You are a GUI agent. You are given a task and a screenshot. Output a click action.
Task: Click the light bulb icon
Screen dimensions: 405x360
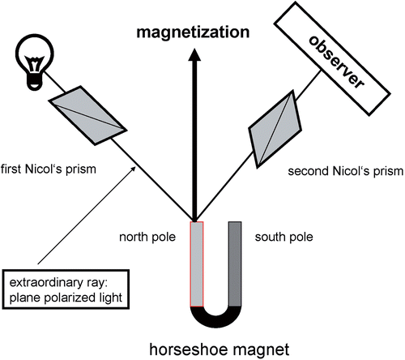point(35,62)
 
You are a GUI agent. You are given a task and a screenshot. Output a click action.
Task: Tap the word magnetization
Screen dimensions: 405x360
point(193,32)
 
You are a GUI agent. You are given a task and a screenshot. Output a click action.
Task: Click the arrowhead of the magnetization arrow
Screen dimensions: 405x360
point(194,54)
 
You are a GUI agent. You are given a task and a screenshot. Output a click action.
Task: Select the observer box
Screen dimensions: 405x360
point(332,58)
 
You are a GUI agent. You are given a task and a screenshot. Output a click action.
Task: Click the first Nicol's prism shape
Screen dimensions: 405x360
point(87,115)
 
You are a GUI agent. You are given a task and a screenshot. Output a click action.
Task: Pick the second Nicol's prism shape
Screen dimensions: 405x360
point(275,129)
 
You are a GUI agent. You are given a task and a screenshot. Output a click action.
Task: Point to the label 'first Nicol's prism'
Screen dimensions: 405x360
point(49,169)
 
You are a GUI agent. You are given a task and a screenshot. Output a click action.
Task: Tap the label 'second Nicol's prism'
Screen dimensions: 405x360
point(346,171)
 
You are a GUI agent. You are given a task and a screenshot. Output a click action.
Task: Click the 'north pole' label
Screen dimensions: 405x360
point(147,237)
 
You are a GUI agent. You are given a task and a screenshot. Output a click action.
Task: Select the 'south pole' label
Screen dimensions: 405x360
point(284,237)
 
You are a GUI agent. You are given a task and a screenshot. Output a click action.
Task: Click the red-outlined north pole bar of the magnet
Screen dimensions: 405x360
point(197,264)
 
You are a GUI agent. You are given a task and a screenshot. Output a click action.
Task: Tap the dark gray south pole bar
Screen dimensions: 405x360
point(235,264)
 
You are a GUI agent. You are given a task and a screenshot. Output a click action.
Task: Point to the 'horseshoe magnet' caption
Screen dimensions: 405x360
point(220,349)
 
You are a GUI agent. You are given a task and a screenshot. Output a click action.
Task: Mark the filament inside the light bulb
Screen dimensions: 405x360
point(34,62)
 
